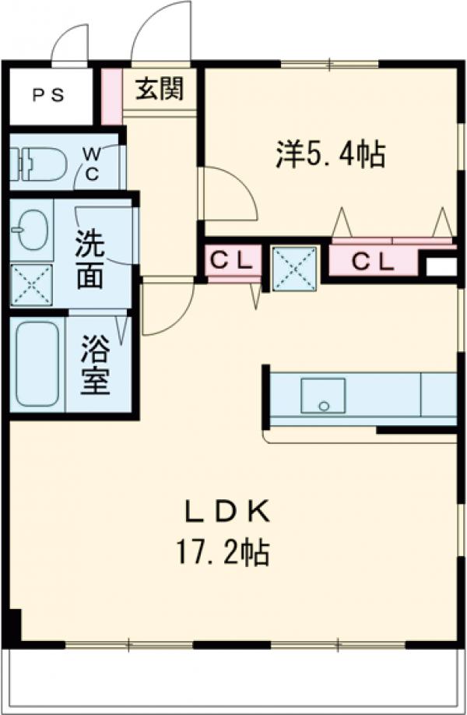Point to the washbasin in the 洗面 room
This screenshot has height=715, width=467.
(32, 230)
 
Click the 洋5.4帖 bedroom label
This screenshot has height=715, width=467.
(329, 154)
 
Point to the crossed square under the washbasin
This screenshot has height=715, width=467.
(31, 285)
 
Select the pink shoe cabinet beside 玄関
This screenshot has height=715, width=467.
(111, 96)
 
